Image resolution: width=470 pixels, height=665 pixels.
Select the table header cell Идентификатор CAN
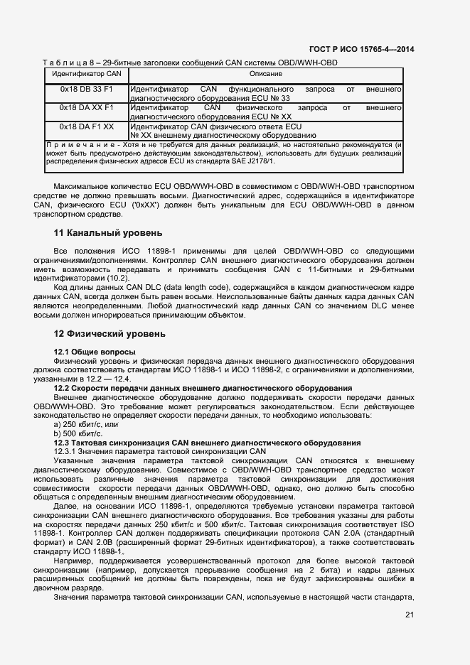(x=86, y=73)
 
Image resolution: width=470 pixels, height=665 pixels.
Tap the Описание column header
(x=265, y=73)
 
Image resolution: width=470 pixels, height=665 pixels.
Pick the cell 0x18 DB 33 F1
(x=86, y=89)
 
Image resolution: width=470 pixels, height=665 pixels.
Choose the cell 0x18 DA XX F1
(x=86, y=107)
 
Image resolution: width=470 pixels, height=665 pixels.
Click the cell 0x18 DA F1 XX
(x=86, y=126)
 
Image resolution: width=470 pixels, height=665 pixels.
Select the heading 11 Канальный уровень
(x=108, y=232)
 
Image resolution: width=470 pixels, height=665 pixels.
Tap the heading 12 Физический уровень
(x=110, y=333)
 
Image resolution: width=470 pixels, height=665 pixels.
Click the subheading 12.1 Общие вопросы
(x=95, y=352)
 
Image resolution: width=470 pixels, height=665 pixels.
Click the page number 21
(x=409, y=615)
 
